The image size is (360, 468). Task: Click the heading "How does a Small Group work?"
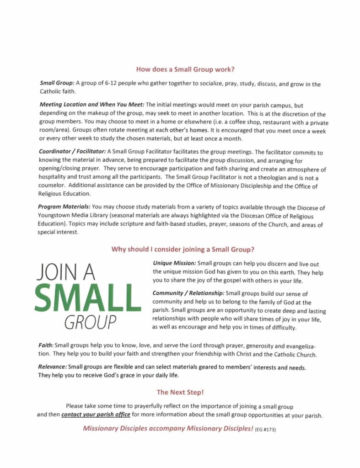pos(186,70)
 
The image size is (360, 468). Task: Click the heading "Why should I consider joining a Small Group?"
pos(183,250)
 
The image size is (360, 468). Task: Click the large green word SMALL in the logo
pos(87,298)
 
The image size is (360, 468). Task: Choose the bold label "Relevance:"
pos(53,367)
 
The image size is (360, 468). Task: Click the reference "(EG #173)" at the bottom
pos(266,430)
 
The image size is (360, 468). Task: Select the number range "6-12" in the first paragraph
pos(113,84)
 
